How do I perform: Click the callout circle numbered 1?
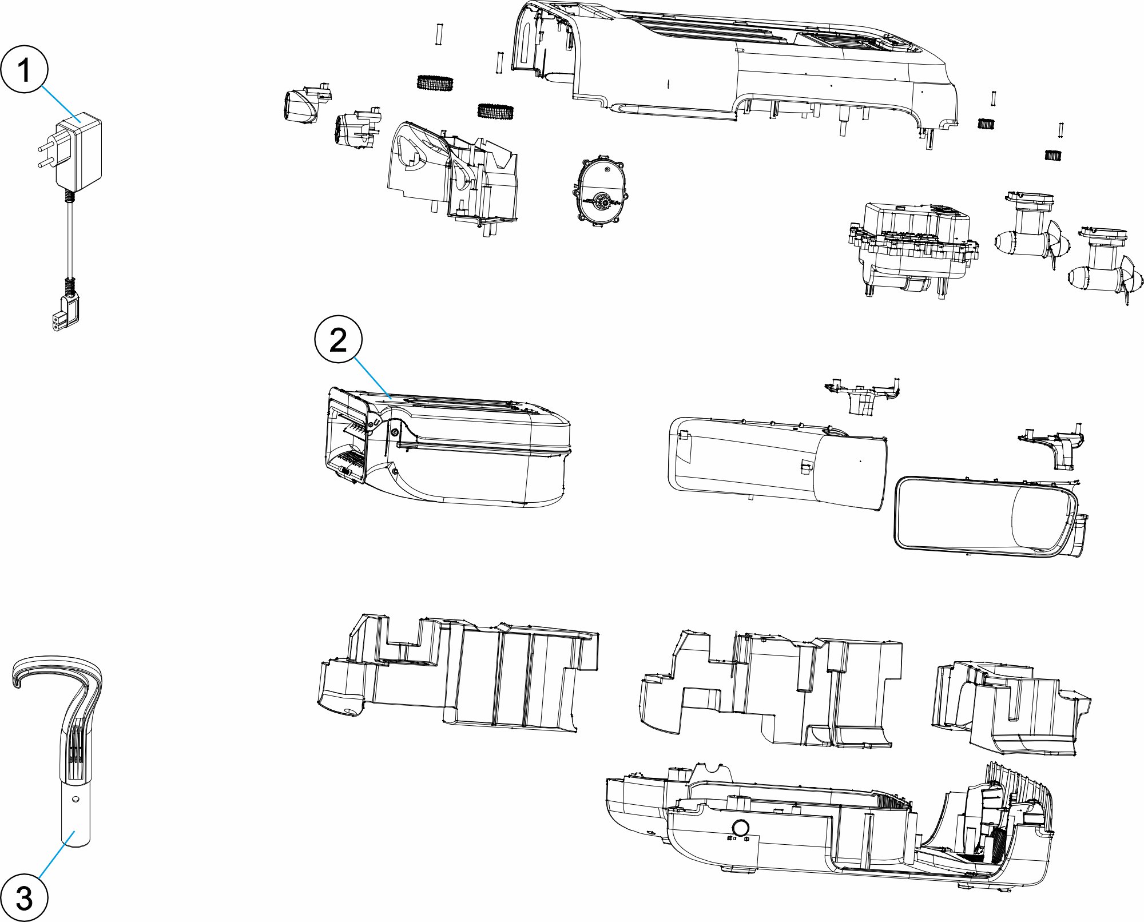[24, 69]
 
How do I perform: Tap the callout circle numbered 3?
[24, 897]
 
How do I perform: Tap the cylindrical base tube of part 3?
[76, 815]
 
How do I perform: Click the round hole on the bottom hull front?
[740, 828]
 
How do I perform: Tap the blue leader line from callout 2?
[372, 378]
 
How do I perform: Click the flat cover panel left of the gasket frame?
[778, 463]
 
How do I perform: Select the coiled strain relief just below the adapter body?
[70, 196]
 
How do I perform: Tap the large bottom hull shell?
[829, 829]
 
